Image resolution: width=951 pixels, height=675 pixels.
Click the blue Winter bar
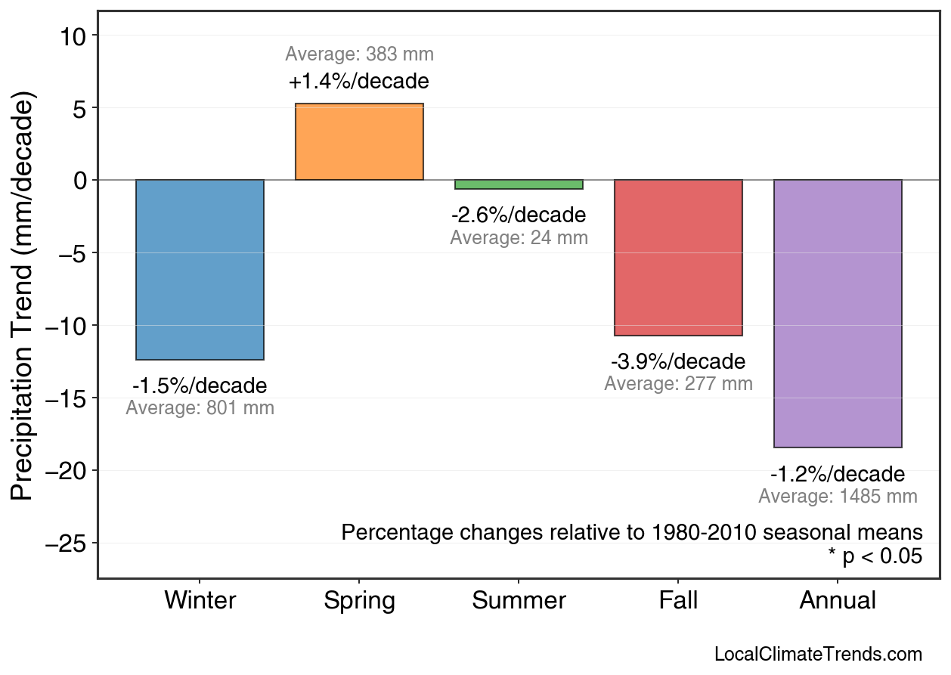coord(200,270)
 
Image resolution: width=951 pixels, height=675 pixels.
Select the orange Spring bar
coord(359,142)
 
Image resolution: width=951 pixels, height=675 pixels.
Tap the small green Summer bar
coord(519,184)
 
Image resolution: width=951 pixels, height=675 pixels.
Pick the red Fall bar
coord(678,258)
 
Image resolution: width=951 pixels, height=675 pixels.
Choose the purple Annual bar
coord(838,314)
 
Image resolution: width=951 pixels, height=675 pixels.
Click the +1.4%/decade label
coord(359,82)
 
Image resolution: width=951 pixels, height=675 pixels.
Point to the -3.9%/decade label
coord(678,361)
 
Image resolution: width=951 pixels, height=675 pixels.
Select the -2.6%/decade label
coord(519,215)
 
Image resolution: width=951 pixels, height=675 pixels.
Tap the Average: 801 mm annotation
coord(200,408)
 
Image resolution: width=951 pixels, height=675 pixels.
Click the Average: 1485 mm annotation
coord(838,497)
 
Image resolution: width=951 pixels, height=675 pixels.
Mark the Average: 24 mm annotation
coord(519,237)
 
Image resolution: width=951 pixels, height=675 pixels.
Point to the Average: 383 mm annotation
coord(359,54)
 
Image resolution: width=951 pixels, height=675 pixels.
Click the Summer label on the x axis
coord(519,601)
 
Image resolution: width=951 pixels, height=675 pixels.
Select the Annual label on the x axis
coord(838,601)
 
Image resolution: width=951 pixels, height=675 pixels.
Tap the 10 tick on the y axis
coord(75,36)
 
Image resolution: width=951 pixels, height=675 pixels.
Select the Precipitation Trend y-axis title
coord(23,296)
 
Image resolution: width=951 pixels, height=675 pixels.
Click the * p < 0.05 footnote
coord(875,556)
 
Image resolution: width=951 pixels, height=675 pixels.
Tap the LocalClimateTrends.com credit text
coord(818,655)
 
